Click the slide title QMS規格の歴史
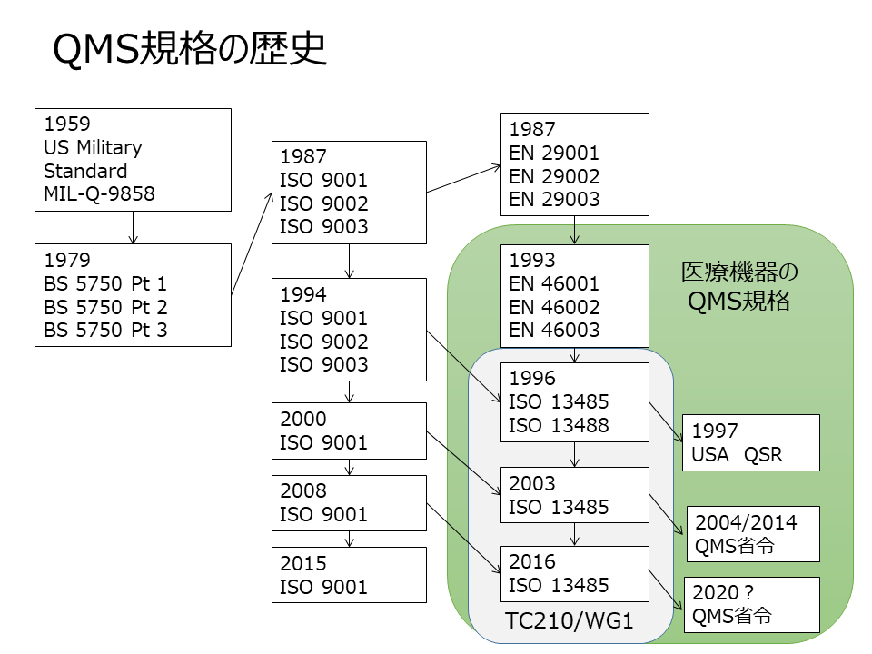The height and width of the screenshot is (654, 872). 190,51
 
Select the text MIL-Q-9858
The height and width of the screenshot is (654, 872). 99,193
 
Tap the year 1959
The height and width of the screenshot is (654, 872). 67,124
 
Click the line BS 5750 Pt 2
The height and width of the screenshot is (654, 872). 105,307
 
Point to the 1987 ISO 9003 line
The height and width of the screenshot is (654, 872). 324,227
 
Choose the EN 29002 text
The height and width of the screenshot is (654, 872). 554,176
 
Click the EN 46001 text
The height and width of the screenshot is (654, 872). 554,283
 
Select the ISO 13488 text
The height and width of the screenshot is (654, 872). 559,425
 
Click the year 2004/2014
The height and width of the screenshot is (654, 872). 746,522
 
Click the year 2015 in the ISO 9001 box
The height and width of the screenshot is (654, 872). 303,563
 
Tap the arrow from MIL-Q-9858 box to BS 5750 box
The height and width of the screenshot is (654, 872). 134,227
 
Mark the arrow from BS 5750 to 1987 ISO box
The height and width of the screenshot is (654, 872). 253,243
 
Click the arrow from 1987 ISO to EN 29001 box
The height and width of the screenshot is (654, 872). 463,179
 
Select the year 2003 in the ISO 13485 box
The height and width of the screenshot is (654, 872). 531,483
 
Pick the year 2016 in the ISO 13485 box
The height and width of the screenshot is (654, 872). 531,562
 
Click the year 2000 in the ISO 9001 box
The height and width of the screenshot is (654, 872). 303,420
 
